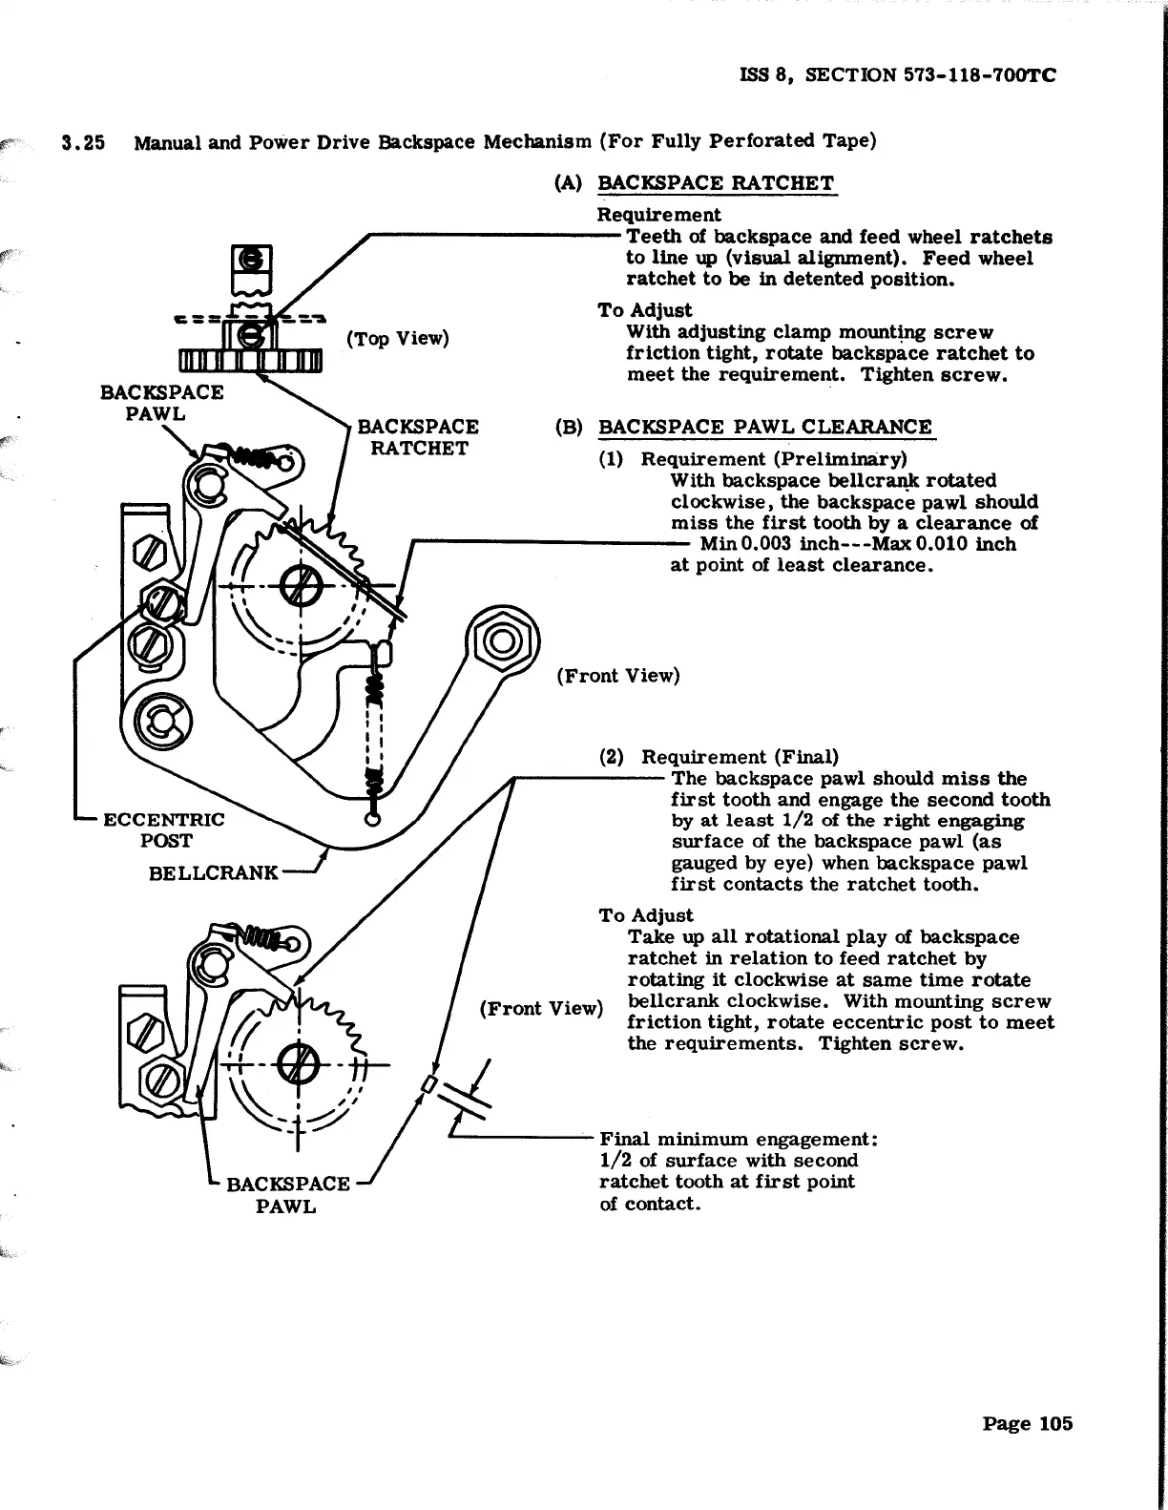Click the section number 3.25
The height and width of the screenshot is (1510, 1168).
83,143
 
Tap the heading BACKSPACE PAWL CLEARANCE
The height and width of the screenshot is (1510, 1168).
765,427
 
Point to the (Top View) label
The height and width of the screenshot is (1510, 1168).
398,338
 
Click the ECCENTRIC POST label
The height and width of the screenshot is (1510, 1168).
164,829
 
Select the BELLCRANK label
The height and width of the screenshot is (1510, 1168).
214,872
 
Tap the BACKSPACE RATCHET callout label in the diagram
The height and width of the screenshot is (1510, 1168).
418,437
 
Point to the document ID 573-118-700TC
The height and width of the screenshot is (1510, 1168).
980,75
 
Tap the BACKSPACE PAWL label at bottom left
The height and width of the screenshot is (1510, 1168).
287,1195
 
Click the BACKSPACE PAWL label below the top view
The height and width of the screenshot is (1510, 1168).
161,403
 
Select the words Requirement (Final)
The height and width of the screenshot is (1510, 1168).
740,758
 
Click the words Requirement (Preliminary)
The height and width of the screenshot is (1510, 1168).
774,459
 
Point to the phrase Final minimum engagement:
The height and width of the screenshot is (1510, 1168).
739,1140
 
